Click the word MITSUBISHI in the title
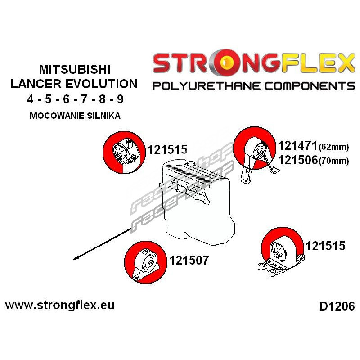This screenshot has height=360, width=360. point(75,69)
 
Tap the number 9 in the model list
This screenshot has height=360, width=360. point(120,99)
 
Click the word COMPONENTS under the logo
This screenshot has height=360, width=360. point(310,86)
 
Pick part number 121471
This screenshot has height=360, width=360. point(297,145)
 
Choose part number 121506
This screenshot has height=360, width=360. point(297,160)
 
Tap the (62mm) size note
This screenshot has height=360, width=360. point(334,147)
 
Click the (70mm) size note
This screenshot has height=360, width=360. point(334,161)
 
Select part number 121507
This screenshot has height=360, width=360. point(189,260)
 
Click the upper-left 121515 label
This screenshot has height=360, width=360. point(167,149)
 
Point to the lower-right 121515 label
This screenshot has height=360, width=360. point(325,246)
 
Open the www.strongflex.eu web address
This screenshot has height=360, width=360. point(60,306)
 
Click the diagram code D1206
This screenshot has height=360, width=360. point(337,306)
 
